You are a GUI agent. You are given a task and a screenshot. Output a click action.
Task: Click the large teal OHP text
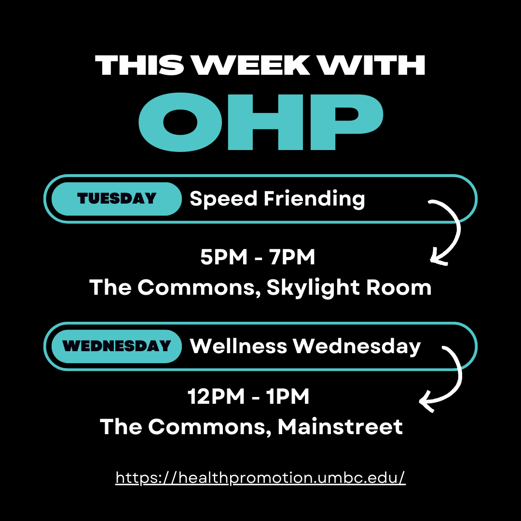[x=261, y=122]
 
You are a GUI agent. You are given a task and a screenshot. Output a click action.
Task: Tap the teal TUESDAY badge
[x=117, y=199]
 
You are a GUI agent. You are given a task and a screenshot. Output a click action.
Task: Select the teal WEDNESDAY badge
[x=117, y=346]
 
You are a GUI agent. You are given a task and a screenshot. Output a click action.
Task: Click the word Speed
[x=223, y=199]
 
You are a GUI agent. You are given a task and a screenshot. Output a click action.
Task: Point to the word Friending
[x=315, y=199]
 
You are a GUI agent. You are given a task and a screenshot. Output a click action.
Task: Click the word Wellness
[x=238, y=346]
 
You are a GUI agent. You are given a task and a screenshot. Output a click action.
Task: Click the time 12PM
[x=216, y=396]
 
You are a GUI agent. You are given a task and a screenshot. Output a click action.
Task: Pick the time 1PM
[x=288, y=396]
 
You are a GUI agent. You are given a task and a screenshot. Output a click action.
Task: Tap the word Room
[x=399, y=287]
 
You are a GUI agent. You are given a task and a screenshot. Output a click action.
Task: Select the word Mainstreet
[x=340, y=426]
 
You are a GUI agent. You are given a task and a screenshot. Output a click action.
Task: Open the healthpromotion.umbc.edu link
[x=260, y=478]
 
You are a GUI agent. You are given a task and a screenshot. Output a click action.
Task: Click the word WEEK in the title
[x=251, y=65]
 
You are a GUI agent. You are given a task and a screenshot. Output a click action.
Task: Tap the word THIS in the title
[x=139, y=65]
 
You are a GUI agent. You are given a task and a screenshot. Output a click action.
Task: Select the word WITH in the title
[x=371, y=65]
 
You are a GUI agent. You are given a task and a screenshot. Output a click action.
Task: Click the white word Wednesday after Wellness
[x=357, y=346]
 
